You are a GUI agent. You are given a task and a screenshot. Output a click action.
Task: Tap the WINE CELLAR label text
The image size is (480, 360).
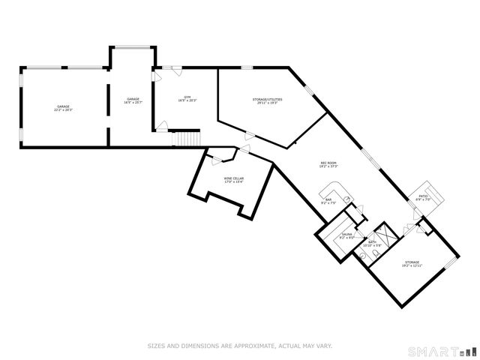[233, 178]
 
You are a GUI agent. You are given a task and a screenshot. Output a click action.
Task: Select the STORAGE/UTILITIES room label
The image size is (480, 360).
[265, 99]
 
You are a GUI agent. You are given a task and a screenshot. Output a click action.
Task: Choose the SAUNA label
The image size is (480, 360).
[346, 234]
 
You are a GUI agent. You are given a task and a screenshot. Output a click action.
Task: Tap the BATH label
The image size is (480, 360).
[371, 241]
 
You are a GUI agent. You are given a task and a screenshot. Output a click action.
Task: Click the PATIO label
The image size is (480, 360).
[423, 196]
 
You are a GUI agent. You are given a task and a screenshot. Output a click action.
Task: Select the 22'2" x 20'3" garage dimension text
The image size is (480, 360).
[62, 110]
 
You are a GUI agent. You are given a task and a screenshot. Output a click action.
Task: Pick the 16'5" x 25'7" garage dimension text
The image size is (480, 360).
[133, 103]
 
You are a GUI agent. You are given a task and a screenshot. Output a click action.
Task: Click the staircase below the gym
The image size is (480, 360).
[187, 139]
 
